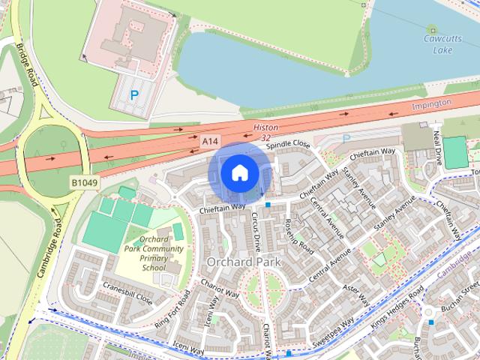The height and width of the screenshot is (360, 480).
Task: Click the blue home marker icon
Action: (x=239, y=173)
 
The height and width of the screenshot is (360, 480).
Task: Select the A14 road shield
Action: (x=210, y=140)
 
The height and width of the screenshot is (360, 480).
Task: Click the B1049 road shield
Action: (x=85, y=182)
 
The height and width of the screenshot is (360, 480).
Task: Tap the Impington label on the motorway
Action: (x=432, y=103)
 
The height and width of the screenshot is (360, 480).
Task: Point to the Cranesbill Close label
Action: (x=128, y=293)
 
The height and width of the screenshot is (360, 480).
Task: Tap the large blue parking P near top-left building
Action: (x=134, y=95)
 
